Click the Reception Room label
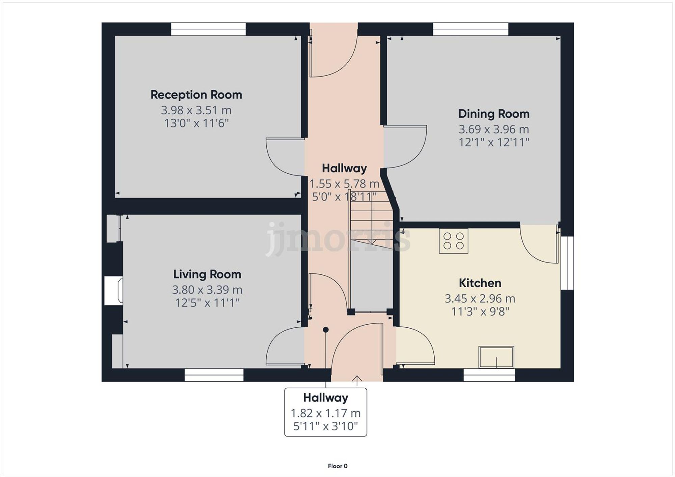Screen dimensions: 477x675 coord(196,95)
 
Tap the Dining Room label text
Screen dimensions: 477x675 coord(493,114)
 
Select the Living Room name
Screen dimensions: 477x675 coord(207,274)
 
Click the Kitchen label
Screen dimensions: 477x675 coord(480,283)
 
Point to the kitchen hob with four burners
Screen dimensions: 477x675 coord(453,241)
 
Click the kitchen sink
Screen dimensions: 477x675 coord(496,357)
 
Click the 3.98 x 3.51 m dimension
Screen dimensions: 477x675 coord(196,110)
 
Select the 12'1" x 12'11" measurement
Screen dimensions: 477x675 coord(493,142)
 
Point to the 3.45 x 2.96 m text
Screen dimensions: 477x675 coord(480,299)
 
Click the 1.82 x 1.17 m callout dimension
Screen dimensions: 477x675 coord(325,413)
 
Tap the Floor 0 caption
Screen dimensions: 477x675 coord(337,466)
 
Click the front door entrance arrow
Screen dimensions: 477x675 coord(357,380)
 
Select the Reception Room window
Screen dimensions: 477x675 coord(208,29)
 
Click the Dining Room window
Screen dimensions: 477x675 coord(470,29)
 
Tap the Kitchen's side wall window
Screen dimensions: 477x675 coord(567,263)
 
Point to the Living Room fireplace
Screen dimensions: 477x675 coord(114,291)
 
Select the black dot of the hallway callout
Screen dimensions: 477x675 coord(326,330)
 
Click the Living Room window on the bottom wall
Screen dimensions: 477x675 coord(214,375)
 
